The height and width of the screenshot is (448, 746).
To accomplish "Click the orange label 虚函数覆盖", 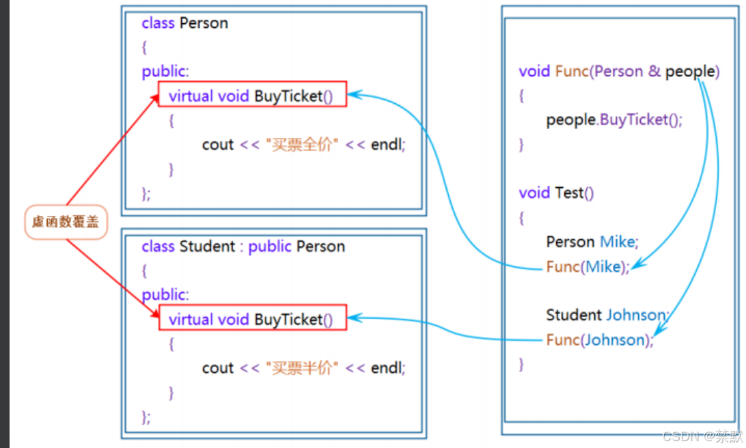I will [x=66, y=222].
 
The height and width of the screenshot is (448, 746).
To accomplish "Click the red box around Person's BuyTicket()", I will [x=253, y=95].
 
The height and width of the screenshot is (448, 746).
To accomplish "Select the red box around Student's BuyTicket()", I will [x=253, y=318].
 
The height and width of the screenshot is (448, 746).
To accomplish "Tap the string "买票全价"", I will [x=301, y=145].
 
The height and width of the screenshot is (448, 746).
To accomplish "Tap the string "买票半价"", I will [x=301, y=368].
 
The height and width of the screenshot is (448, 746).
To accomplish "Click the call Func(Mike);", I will [x=588, y=267].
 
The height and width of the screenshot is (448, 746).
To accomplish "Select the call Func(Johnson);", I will [x=600, y=340].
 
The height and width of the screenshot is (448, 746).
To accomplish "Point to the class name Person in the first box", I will [x=204, y=23].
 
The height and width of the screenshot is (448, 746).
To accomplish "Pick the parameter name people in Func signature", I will [x=692, y=72].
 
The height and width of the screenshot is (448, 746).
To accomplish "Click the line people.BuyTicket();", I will [x=614, y=120].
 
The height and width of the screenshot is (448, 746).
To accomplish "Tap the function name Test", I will [x=569, y=193].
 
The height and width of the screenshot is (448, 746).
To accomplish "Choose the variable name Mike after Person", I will [x=618, y=242].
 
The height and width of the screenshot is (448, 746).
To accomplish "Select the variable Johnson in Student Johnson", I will [x=636, y=316].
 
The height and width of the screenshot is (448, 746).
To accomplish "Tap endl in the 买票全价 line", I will [x=387, y=145].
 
